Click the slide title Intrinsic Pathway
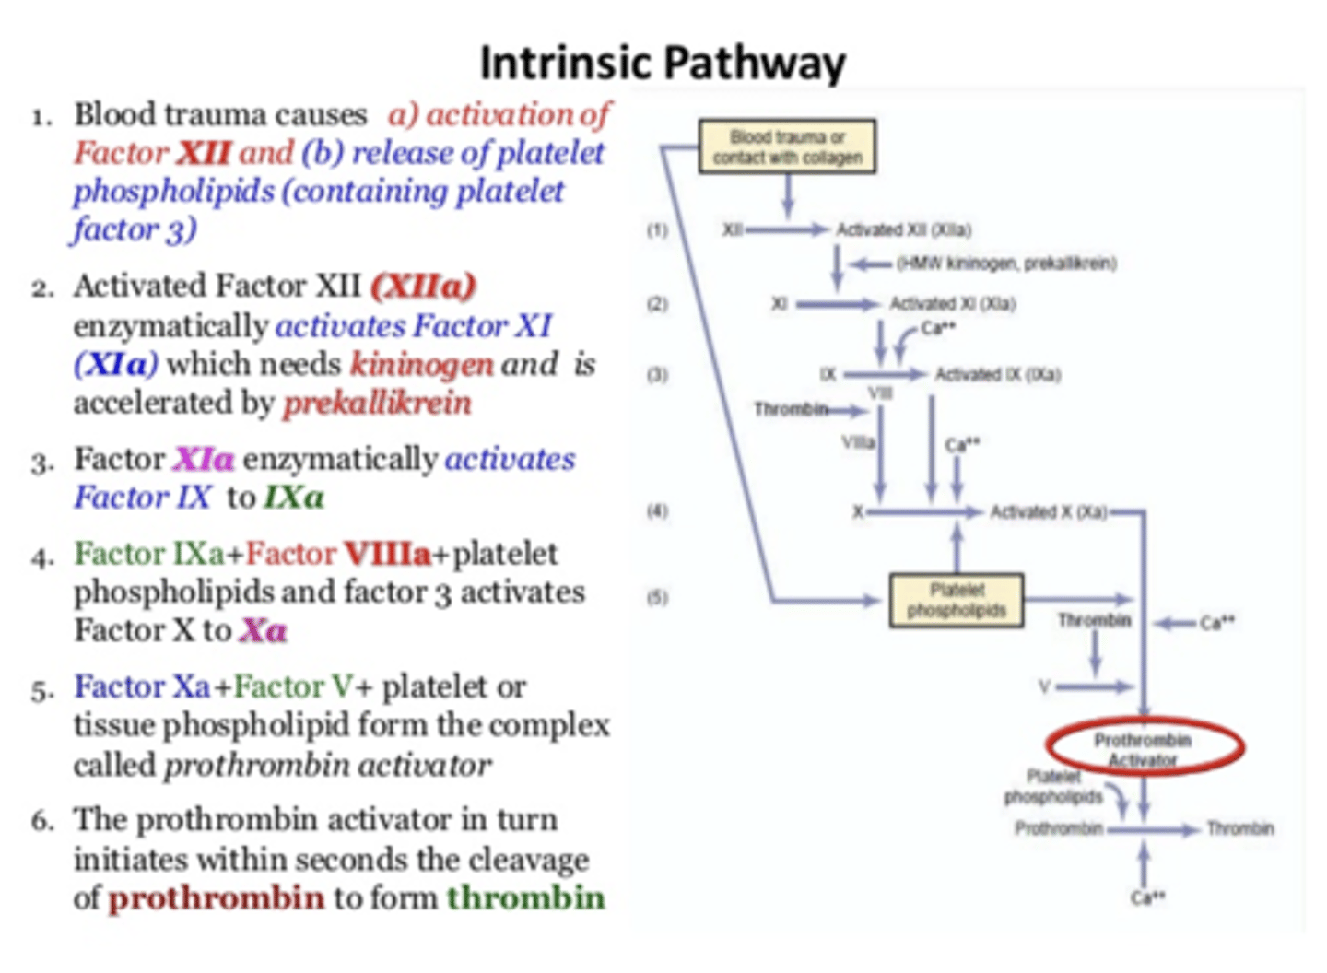point(662,63)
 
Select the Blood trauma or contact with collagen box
point(787,147)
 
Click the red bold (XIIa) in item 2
point(423,287)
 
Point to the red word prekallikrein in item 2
point(377,404)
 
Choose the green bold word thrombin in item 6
point(525,897)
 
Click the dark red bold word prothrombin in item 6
point(217,897)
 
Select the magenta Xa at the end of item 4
point(263,631)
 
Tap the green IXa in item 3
point(294,498)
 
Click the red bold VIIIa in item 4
point(387,554)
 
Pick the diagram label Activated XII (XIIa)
point(903,229)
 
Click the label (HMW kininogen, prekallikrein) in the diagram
point(1006,264)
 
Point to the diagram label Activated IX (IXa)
point(998,374)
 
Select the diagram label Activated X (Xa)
point(1048,511)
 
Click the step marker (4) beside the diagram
point(657,511)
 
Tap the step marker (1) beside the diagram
point(657,230)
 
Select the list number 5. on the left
point(42,689)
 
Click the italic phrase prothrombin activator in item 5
point(327,766)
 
